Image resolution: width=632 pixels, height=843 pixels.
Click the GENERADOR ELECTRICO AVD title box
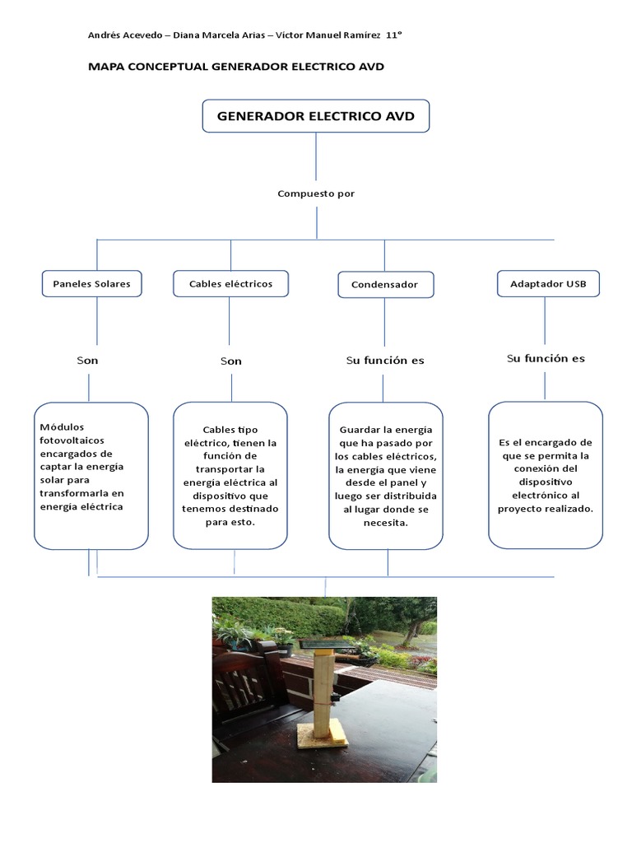[x=316, y=116]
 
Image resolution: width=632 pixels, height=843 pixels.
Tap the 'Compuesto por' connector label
[x=316, y=194]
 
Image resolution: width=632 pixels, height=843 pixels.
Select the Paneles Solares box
[x=91, y=284]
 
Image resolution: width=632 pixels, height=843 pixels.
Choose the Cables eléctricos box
[x=230, y=284]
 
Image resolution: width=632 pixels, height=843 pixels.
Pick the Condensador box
[x=384, y=285]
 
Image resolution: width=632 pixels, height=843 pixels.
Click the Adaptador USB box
[x=548, y=284]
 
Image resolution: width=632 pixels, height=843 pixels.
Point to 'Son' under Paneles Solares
[x=87, y=361]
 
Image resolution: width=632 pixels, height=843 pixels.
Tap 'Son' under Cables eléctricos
[x=231, y=361]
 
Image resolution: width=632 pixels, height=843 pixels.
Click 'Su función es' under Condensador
[x=385, y=361]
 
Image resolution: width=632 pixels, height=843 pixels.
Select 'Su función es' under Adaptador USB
[x=546, y=359]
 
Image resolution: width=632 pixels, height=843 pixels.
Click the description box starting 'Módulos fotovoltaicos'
[x=91, y=475]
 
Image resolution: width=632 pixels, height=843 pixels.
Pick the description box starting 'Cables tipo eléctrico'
[x=230, y=475]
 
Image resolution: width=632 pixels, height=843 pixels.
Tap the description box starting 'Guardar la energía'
[x=385, y=475]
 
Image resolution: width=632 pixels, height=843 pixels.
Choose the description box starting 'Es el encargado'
[x=546, y=475]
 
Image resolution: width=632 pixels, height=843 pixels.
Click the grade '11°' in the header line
[x=393, y=35]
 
